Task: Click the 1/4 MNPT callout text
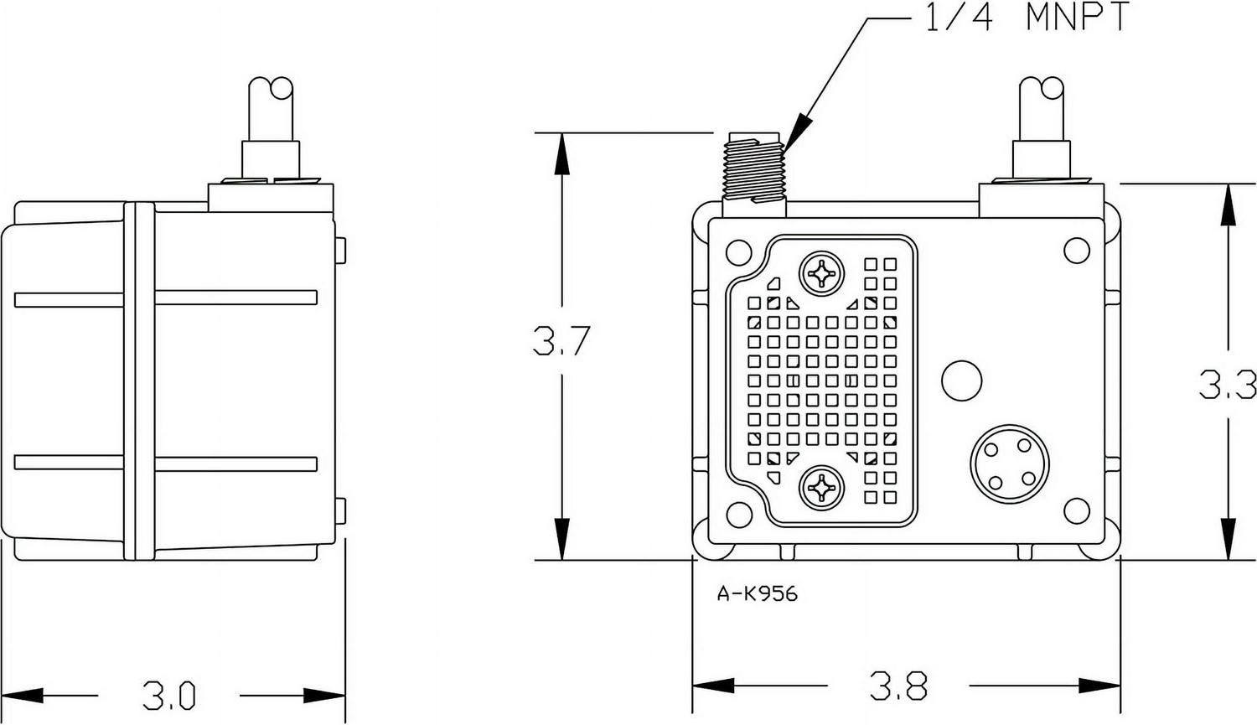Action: pyautogui.click(x=1027, y=18)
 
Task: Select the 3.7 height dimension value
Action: pyautogui.click(x=562, y=341)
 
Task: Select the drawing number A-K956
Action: pyautogui.click(x=758, y=594)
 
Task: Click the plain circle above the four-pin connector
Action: pyautogui.click(x=961, y=381)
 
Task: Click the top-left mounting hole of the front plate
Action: pyautogui.click(x=738, y=251)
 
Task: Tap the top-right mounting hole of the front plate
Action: pyautogui.click(x=1075, y=250)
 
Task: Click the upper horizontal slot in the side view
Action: pyautogui.click(x=166, y=298)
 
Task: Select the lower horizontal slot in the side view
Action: pyautogui.click(x=166, y=463)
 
